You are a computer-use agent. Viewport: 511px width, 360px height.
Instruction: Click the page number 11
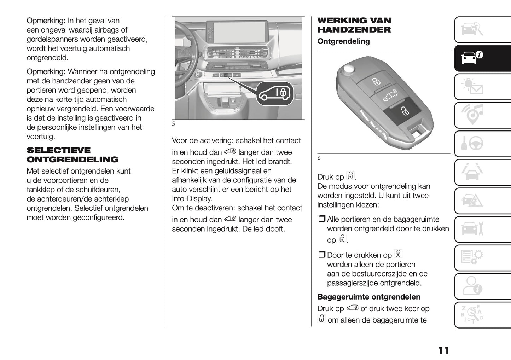pos(443,350)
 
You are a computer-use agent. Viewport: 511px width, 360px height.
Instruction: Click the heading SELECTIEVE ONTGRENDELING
pos(72,155)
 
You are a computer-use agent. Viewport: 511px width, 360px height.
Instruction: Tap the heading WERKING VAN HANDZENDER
pos(354,25)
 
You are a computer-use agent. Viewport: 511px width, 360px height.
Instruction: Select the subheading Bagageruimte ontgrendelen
pos(369,297)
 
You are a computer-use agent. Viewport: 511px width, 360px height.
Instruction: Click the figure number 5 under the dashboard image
pos(173,124)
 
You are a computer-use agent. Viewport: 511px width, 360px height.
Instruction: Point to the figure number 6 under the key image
pos(319,158)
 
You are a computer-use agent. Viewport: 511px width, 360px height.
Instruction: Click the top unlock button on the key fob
pos(376,82)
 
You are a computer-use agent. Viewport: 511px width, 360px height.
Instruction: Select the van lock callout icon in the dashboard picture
pos(275,93)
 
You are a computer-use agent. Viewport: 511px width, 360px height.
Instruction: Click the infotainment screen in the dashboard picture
pos(242,31)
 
